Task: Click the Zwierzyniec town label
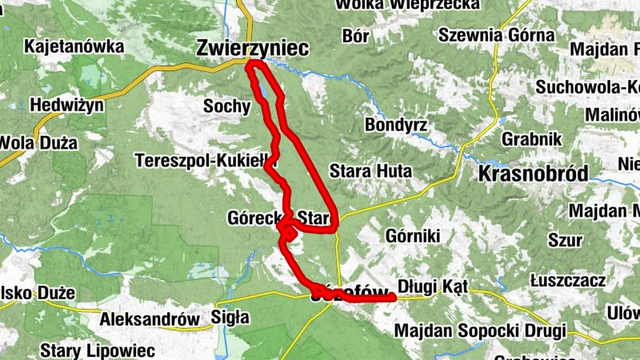tap(252, 49)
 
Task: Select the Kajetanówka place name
tap(74, 46)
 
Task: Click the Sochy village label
tap(226, 106)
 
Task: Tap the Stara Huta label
tap(370, 171)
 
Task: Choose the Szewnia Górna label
tap(496, 35)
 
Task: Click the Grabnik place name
tap(528, 138)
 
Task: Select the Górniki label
tap(413, 236)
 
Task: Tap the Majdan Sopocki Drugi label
tap(480, 330)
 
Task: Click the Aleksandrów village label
tap(150, 319)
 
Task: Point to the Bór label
tap(355, 36)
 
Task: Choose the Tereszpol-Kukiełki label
tap(201, 160)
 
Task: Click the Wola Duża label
tap(38, 144)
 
